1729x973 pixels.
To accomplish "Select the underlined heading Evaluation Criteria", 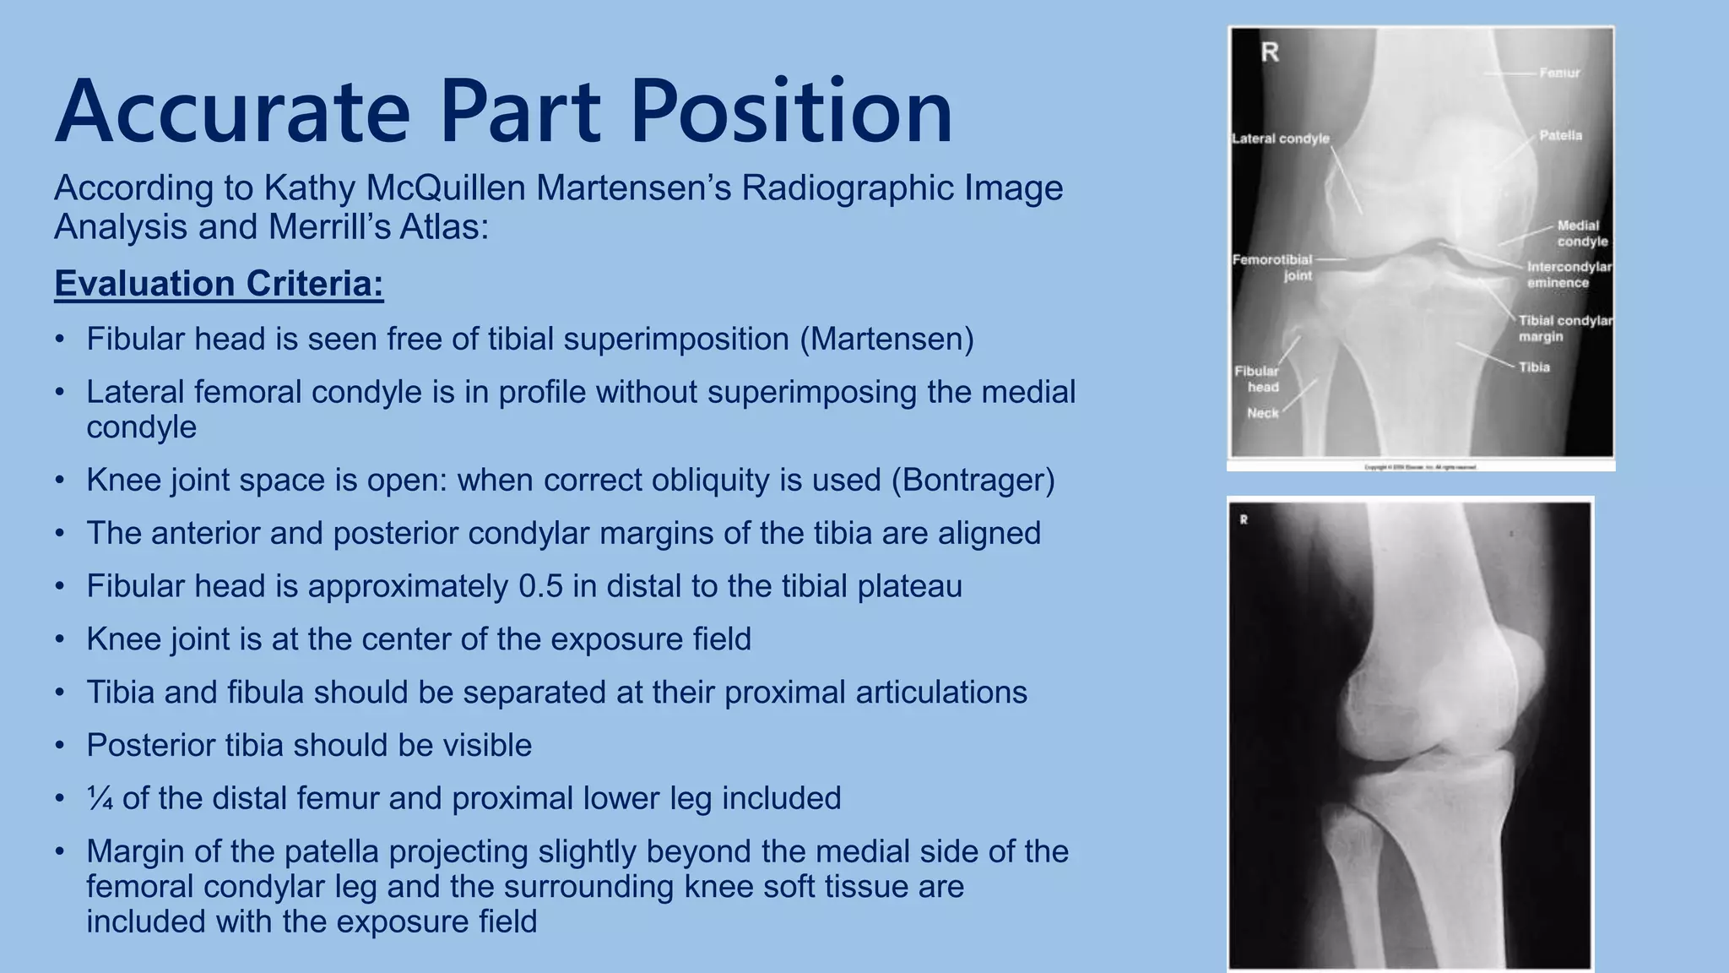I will (219, 284).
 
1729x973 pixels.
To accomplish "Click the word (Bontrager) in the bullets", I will (973, 480).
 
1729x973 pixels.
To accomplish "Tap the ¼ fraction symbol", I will (100, 799).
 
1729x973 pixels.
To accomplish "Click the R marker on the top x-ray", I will (1270, 52).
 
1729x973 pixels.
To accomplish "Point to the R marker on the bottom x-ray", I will (1244, 520).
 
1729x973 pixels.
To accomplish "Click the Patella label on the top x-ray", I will (1560, 135).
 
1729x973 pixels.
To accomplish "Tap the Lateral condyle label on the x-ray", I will (1281, 139).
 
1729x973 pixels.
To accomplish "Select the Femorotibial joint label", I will (1272, 267).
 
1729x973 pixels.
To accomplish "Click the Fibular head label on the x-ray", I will (1257, 378).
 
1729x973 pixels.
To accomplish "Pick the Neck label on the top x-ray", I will (1263, 413).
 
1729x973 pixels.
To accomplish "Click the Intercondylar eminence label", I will (1569, 275).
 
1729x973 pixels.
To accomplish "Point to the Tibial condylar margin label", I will (1564, 329).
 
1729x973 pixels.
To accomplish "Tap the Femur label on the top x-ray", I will (1559, 73).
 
